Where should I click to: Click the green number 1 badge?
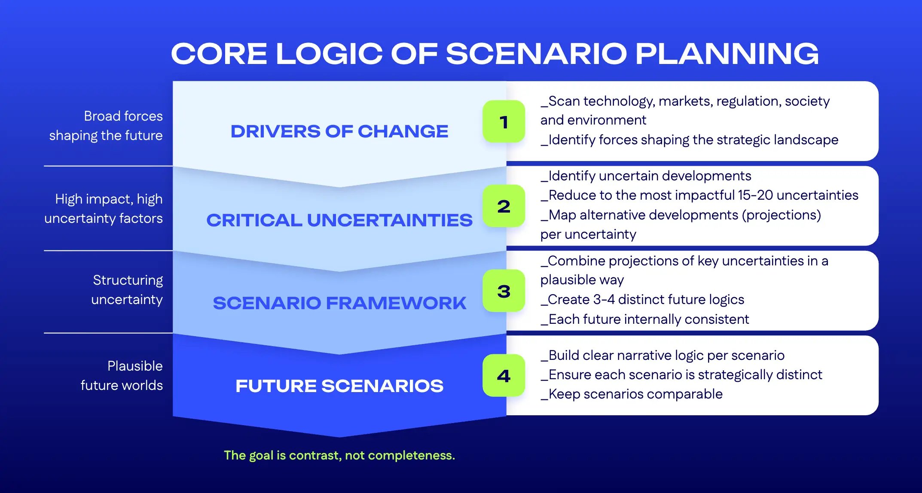(x=504, y=122)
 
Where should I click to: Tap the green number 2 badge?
(x=504, y=206)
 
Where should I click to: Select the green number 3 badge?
(x=504, y=291)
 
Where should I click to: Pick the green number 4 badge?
(x=504, y=375)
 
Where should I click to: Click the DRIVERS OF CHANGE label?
(x=339, y=131)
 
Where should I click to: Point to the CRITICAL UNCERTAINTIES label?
(x=339, y=220)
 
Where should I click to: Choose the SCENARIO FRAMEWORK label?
(x=339, y=303)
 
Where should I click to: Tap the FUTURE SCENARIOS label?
(x=339, y=386)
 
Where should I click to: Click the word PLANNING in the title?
(x=727, y=54)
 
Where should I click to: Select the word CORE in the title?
(x=219, y=54)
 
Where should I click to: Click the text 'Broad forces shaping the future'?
(x=106, y=125)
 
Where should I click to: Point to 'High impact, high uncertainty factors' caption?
(x=104, y=208)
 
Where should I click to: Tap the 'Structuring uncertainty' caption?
(x=127, y=289)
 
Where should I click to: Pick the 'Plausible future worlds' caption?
(x=122, y=375)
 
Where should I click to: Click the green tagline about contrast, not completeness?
(x=339, y=455)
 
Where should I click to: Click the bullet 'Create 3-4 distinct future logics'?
(x=642, y=299)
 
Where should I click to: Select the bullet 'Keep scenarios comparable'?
(x=632, y=394)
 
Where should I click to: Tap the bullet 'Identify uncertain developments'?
(x=646, y=176)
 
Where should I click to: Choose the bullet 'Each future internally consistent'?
(x=645, y=319)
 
